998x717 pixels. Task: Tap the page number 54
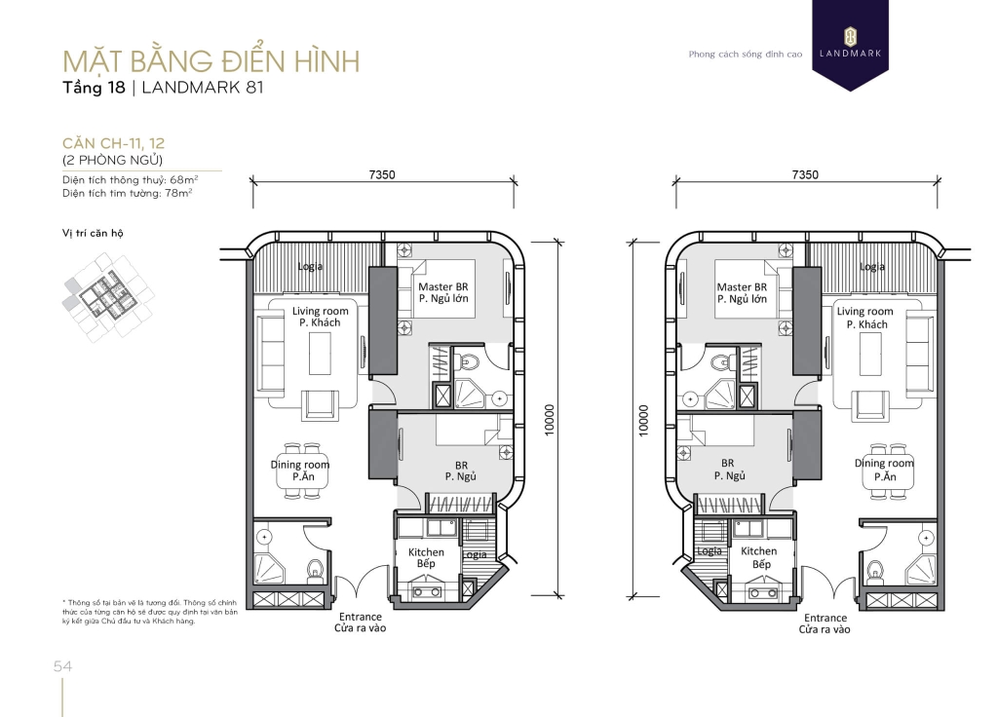point(63,666)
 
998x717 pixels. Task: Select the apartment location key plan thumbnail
point(108,296)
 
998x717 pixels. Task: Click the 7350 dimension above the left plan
point(382,174)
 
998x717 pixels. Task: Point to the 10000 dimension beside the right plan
point(643,420)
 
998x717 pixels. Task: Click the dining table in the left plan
point(302,471)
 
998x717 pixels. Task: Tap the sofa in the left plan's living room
point(270,354)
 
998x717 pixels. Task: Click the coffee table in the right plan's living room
point(870,353)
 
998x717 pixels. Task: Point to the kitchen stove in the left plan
point(427,589)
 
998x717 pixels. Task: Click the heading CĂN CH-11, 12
point(113,143)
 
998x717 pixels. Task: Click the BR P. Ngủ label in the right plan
point(728,470)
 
